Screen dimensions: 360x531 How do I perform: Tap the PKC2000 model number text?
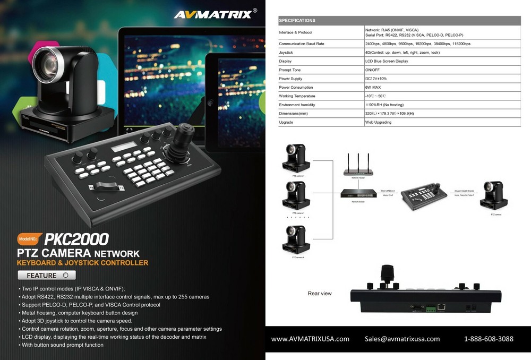(76, 239)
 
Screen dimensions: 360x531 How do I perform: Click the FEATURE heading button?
(47, 275)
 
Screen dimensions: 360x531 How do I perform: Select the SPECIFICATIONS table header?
(297, 20)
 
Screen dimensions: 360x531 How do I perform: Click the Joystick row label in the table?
(286, 53)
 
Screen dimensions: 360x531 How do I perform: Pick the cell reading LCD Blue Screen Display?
(387, 61)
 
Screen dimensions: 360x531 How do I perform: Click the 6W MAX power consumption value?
(373, 87)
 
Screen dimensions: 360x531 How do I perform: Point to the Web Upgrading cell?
(378, 122)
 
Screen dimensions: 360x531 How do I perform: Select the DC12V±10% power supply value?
(376, 79)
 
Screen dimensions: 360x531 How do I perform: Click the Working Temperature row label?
(297, 96)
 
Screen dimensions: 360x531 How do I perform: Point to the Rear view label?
(320, 293)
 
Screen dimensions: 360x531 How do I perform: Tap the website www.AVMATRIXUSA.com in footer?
(310, 339)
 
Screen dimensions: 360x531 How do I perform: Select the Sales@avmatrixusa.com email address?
(402, 339)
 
